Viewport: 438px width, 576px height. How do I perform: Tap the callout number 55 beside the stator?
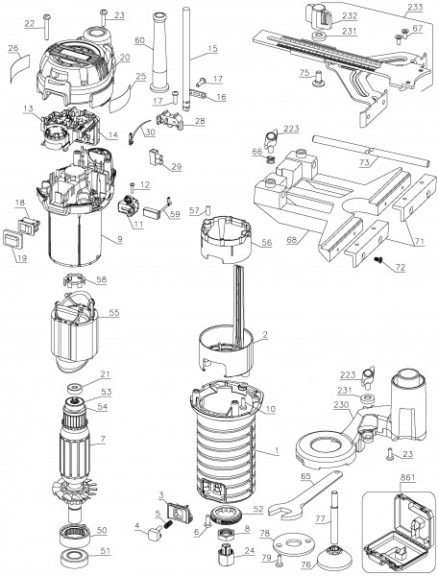coord(114,312)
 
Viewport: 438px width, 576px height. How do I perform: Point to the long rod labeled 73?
coord(371,151)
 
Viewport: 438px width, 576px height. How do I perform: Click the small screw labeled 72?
coord(378,260)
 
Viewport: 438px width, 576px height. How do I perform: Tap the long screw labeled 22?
coord(47,27)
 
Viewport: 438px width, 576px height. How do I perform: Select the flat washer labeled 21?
coord(76,388)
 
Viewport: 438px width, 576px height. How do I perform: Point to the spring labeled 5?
coord(167,525)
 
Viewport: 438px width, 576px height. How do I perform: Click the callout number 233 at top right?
coord(415,7)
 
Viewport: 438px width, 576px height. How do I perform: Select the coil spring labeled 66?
coord(269,160)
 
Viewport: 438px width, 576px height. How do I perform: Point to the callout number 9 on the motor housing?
coord(120,239)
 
